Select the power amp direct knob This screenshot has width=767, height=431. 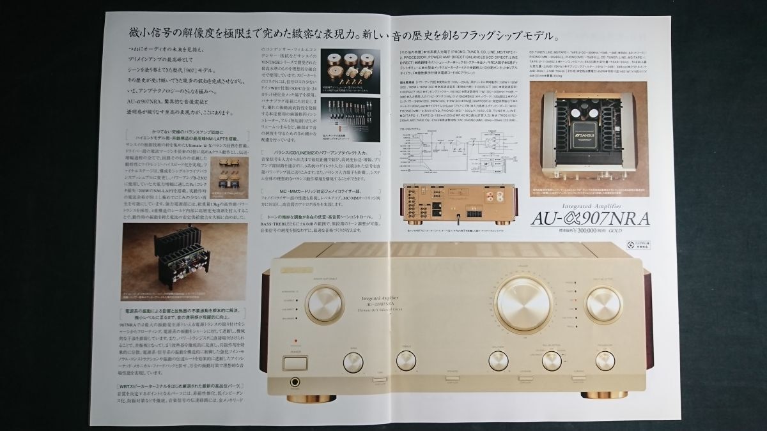[x=324, y=303]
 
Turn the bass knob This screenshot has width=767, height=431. [x=353, y=363]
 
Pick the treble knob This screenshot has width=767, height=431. [x=407, y=361]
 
